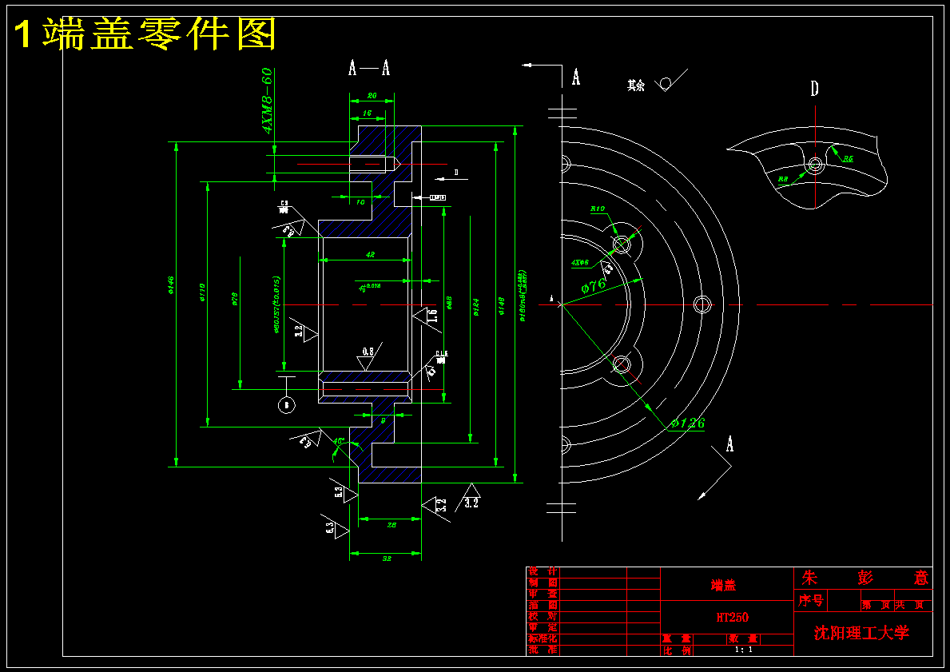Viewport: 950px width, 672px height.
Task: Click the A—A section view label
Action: (369, 68)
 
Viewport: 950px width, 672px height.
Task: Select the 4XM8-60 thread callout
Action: (267, 100)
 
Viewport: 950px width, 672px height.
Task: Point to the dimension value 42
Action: (370, 254)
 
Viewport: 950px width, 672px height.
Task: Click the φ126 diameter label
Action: (687, 423)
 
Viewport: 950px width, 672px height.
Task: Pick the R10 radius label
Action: (598, 209)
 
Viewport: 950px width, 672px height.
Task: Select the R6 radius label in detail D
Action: (848, 159)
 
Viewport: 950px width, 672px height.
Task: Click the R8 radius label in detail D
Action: (783, 179)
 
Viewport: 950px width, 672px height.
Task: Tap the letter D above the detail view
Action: (814, 89)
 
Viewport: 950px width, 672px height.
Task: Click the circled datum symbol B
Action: (286, 404)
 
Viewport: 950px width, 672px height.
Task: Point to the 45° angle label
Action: (340, 441)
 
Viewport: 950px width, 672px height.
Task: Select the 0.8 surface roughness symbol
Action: (368, 352)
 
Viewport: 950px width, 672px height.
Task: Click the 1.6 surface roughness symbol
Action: (431, 315)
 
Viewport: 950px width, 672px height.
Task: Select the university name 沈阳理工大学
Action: (861, 633)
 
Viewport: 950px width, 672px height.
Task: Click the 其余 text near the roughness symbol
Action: (635, 85)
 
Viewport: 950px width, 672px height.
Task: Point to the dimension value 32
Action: (387, 559)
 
